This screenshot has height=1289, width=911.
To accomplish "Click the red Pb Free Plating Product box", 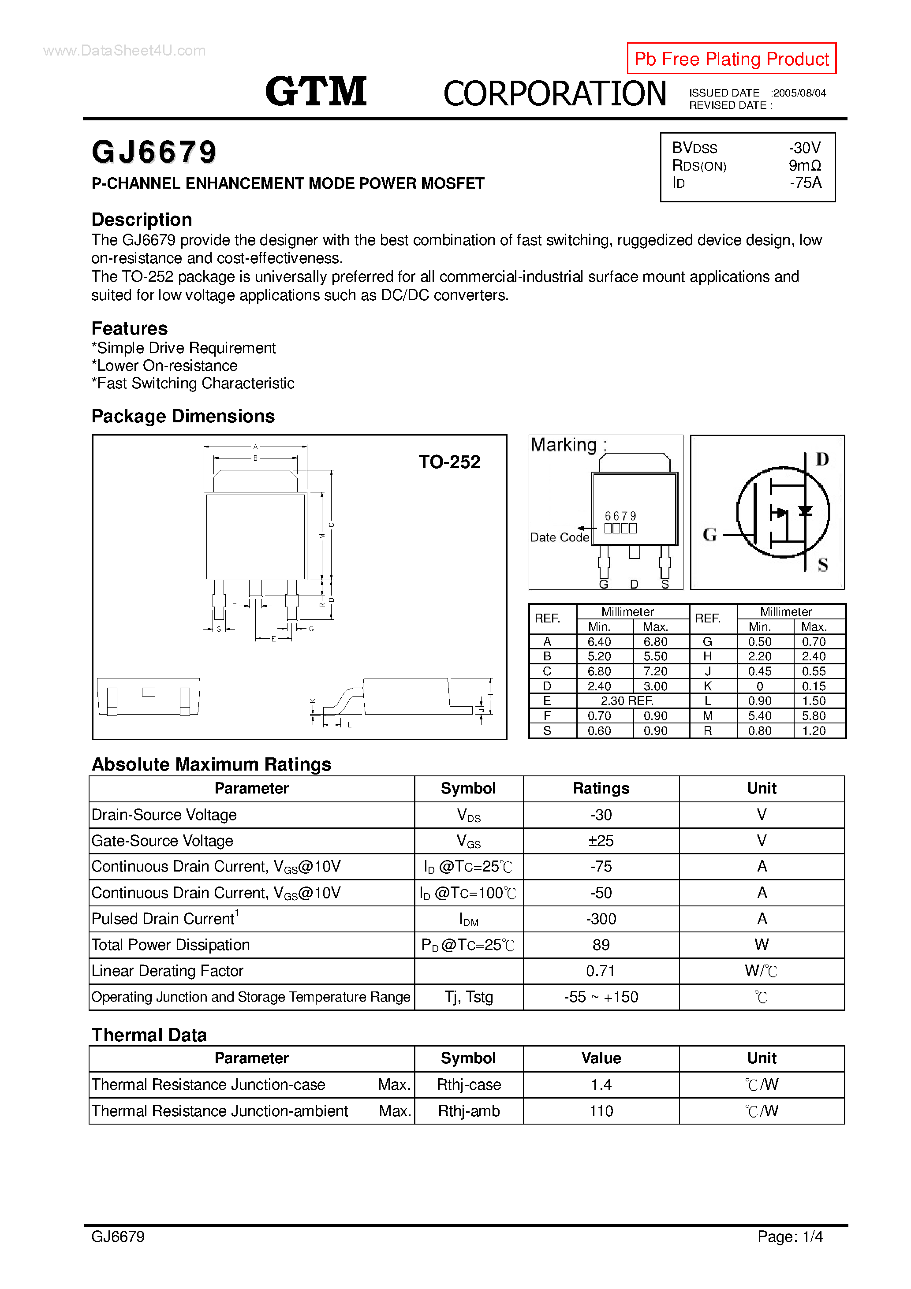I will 731,58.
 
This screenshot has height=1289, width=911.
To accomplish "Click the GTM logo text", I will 316,92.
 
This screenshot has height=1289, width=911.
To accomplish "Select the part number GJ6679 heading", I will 154,152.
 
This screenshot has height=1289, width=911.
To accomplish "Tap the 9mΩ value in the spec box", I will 804,166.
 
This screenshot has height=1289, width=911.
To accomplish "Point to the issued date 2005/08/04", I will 799,93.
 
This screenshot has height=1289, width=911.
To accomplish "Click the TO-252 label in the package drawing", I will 449,462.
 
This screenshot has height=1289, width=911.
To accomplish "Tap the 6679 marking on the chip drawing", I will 620,516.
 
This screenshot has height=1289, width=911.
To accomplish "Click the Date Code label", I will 560,537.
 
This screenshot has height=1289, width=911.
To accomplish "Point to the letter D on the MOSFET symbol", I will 822,460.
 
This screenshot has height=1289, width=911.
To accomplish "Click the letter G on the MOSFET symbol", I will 710,534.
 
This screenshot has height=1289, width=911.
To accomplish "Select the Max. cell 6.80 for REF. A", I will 655,642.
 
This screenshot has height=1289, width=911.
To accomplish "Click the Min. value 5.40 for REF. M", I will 759,716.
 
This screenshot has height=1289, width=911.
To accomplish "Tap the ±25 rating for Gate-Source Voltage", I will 601,841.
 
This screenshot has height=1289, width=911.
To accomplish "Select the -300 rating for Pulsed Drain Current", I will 601,919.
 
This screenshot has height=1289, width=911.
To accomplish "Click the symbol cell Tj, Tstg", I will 468,997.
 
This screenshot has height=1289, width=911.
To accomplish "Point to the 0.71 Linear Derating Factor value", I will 601,971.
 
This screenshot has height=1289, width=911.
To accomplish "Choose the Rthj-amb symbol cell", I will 468,1111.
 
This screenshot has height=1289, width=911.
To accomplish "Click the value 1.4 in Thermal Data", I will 601,1084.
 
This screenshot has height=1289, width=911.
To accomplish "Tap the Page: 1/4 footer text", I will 790,1236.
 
